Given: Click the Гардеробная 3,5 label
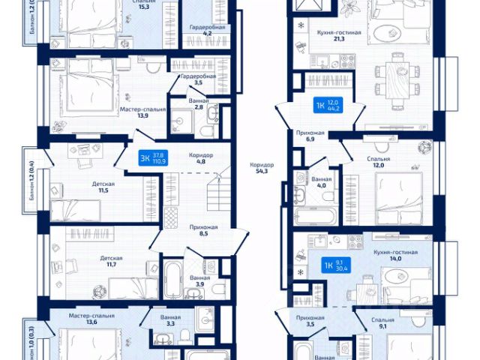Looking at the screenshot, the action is tap(198, 79).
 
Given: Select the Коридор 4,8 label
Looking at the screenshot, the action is tap(201, 158).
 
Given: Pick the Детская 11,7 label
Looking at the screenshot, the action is tap(111, 262).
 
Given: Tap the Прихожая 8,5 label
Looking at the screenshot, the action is tap(204, 229).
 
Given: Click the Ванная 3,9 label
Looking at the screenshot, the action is tap(199, 281).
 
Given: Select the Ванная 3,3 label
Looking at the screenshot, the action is tap(170, 320).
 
